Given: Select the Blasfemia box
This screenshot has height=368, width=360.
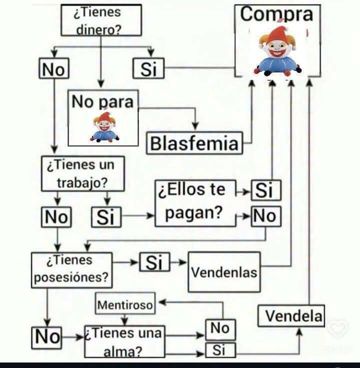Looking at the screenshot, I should pyautogui.click(x=195, y=143).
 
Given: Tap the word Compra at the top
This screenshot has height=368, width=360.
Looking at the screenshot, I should pyautogui.click(x=277, y=15).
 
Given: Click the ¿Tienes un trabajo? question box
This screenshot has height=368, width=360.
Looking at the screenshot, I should pyautogui.click(x=83, y=174).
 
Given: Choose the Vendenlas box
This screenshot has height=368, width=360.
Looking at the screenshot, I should pyautogui.click(x=224, y=272).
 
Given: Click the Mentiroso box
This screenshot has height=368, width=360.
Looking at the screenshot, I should pyautogui.click(x=125, y=304).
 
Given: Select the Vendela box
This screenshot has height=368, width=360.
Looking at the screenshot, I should pyautogui.click(x=291, y=316).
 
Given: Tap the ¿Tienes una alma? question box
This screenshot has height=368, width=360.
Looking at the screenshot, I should pyautogui.click(x=124, y=342).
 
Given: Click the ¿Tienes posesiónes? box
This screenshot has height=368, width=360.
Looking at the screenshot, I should pyautogui.click(x=72, y=270).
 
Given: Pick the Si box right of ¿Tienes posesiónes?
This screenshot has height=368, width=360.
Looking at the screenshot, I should pyautogui.click(x=154, y=262).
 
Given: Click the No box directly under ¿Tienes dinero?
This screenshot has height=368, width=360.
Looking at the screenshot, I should pyautogui.click(x=54, y=69).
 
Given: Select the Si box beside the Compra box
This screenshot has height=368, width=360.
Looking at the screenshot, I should pyautogui.click(x=149, y=69).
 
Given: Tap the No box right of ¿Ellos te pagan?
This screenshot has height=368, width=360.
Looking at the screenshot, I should pyautogui.click(x=266, y=216).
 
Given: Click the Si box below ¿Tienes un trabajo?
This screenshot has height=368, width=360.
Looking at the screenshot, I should pyautogui.click(x=106, y=217).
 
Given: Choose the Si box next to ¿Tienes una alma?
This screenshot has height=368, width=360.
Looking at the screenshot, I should pyautogui.click(x=220, y=350).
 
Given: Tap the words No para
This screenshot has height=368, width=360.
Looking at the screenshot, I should pyautogui.click(x=102, y=102).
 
